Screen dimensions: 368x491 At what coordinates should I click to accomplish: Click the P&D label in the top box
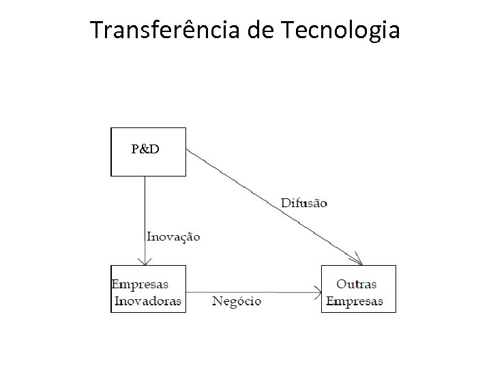[145, 149]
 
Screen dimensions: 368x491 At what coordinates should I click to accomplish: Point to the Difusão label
[303, 202]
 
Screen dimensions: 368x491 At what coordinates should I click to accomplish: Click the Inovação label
[173, 236]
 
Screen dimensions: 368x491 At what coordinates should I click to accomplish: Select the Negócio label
[237, 301]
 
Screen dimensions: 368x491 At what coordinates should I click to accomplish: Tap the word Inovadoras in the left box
[148, 301]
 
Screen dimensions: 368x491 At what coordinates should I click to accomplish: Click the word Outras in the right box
[356, 283]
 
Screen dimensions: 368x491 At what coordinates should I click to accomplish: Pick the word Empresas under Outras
[355, 301]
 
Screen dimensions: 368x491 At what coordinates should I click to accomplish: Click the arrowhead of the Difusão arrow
[358, 262]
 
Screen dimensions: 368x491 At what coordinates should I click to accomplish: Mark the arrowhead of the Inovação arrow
[145, 261]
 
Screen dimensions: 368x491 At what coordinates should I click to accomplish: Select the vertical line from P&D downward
[145, 204]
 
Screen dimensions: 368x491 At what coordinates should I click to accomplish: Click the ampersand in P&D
[145, 149]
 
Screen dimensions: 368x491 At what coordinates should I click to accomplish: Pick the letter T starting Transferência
[96, 31]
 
